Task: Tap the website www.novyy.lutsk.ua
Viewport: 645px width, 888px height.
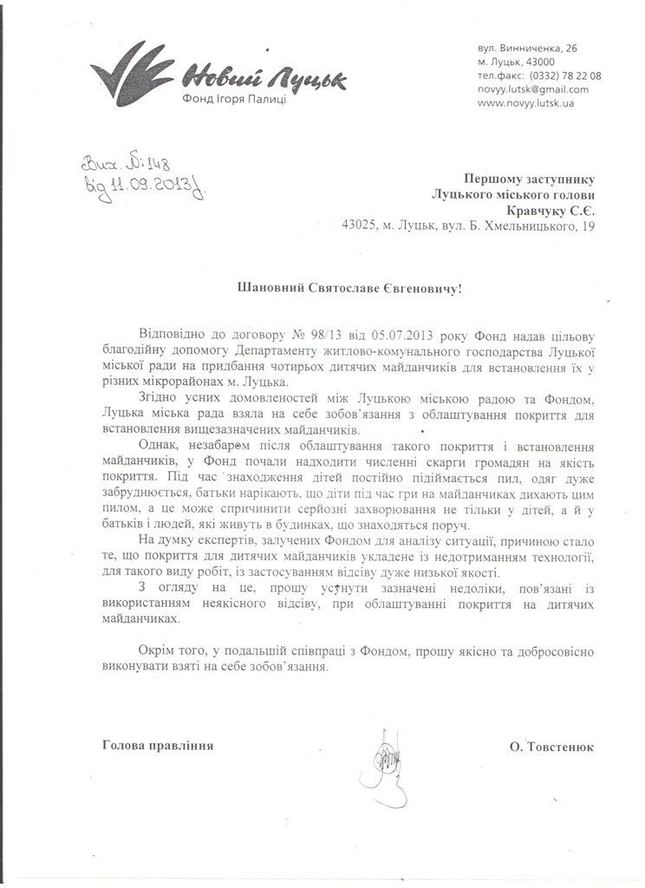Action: pyautogui.click(x=526, y=103)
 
